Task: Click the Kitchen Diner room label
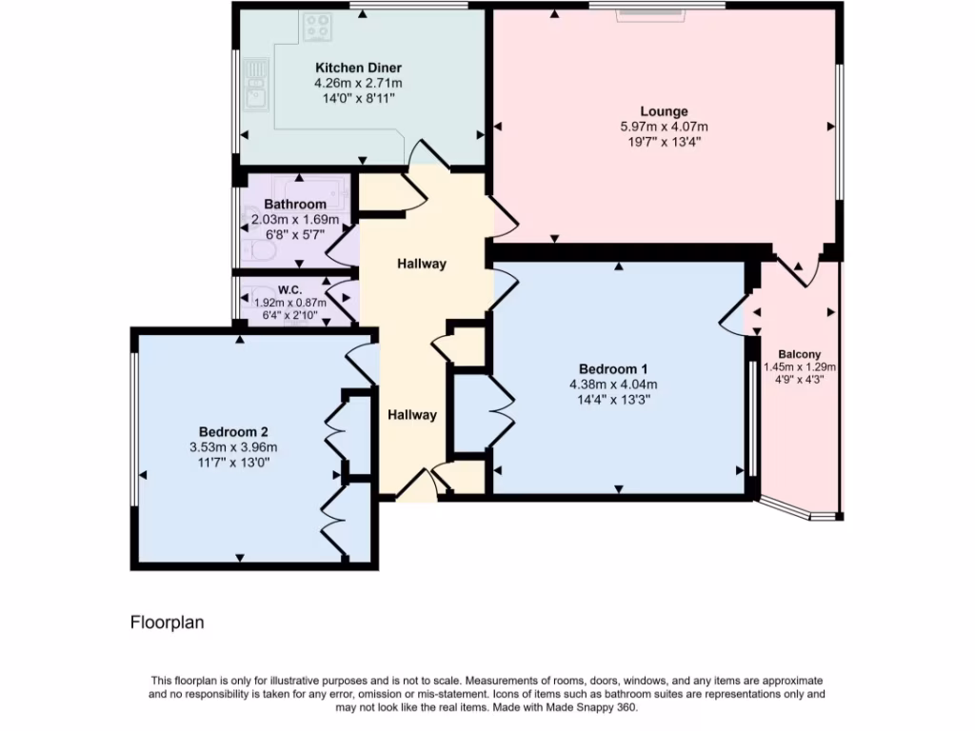pos(358,69)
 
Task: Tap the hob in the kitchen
pos(317,28)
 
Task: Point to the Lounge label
pos(664,111)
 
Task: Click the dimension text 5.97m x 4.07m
pos(664,127)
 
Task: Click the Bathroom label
pos(295,205)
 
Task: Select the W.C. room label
pos(289,289)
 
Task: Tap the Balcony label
pos(799,353)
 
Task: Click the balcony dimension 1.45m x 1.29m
pos(799,367)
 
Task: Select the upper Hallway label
pos(422,264)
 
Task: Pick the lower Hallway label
pos(411,414)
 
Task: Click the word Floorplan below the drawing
pos(168,622)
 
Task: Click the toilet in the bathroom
pos(259,249)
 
